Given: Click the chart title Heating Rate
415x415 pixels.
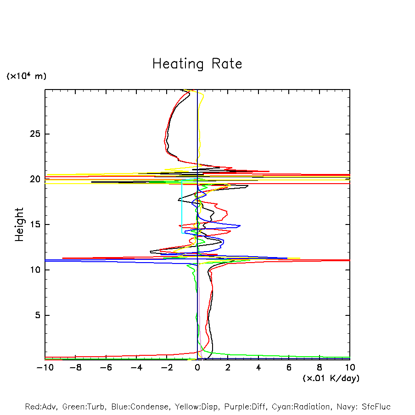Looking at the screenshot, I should pos(197,64).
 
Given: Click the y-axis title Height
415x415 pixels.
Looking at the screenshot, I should pos(19,224).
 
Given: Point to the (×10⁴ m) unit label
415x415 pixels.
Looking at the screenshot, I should pos(26,76).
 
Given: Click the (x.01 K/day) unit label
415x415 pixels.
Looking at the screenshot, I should pos(331,378).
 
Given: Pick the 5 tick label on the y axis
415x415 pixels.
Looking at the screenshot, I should pos(37,315).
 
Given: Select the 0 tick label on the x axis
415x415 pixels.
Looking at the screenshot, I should pos(197,368).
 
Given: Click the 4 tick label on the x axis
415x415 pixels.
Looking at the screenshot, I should pos(258,368).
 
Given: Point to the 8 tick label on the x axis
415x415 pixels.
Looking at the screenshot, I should pos(320,368).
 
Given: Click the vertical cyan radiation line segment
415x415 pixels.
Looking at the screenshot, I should pos(182,207).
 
